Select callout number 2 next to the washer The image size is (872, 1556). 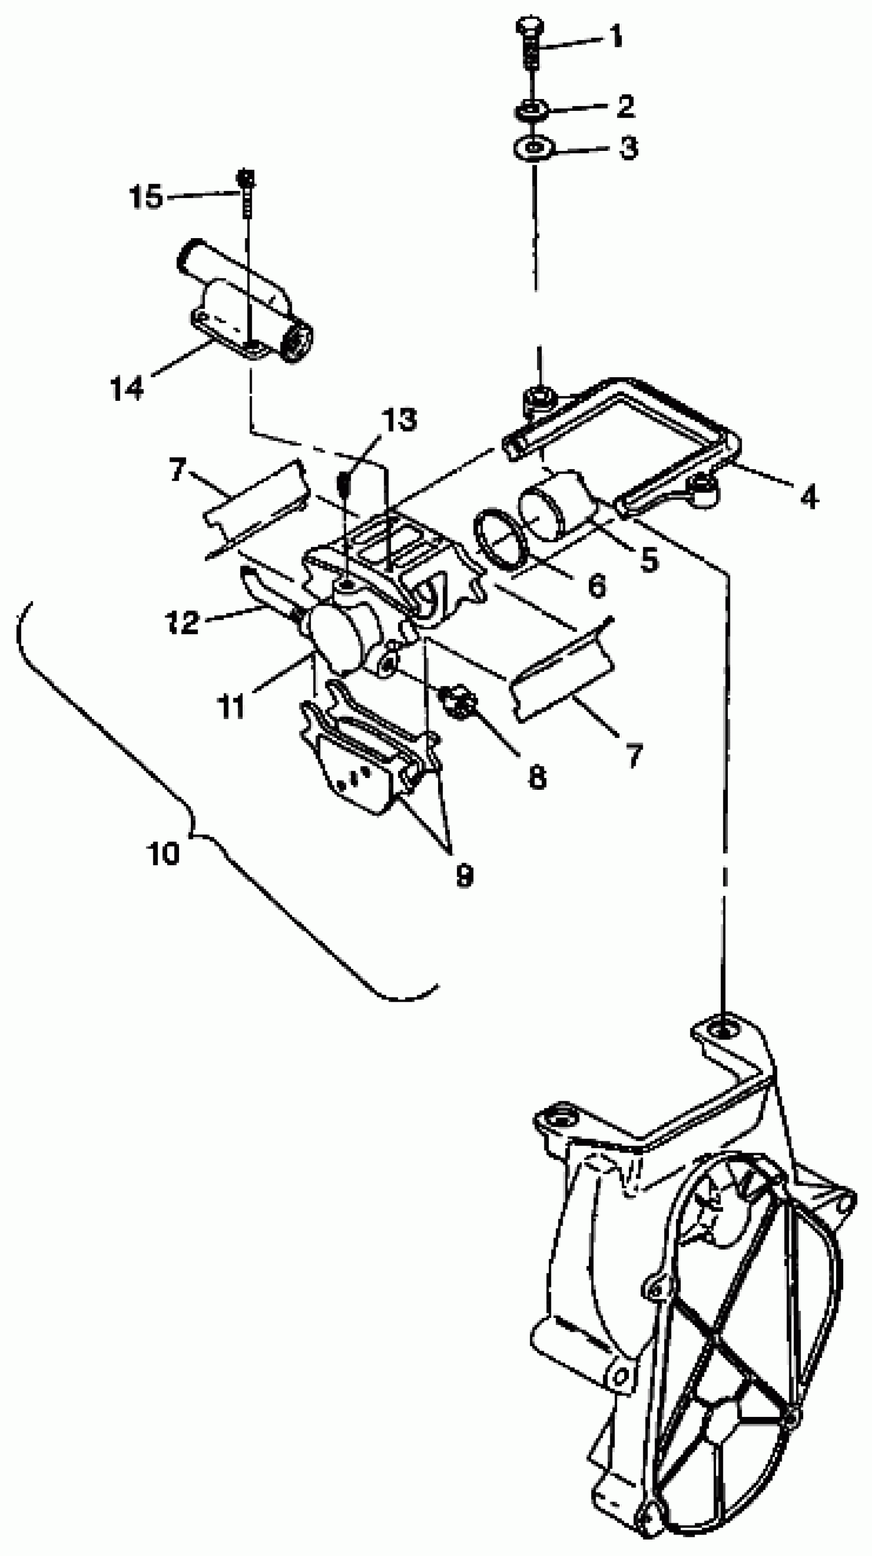[625, 106]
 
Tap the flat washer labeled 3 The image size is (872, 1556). [534, 147]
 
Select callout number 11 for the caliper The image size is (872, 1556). [232, 705]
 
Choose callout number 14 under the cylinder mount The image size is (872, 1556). [127, 386]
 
